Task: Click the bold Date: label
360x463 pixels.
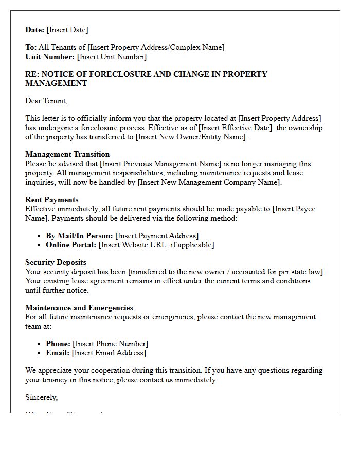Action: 35,30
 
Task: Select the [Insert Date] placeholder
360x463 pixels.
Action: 67,30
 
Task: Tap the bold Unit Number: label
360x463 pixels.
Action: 50,57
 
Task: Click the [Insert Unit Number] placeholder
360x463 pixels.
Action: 112,57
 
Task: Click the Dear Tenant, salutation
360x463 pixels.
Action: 46,101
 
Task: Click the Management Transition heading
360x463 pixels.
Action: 67,154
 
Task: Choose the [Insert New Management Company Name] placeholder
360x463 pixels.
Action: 209,182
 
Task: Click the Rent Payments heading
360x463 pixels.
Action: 52,200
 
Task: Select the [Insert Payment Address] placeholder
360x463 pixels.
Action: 157,236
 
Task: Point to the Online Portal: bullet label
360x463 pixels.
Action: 71,245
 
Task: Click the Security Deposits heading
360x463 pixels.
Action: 56,262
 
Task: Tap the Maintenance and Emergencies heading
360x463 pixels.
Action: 79,308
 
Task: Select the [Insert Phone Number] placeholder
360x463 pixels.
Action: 111,344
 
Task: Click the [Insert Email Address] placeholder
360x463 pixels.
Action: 109,353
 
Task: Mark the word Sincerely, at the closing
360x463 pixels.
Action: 42,397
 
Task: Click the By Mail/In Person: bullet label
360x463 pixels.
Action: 79,236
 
